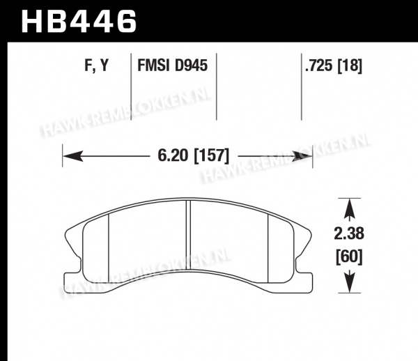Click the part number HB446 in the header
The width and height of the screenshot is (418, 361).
[79, 22]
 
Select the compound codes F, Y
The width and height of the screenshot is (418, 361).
[97, 66]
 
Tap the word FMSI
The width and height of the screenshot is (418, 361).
[153, 66]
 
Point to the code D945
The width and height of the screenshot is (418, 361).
[191, 66]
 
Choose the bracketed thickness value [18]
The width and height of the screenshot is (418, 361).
[350, 66]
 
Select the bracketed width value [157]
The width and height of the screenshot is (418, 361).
[211, 155]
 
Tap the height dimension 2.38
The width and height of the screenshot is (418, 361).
[349, 233]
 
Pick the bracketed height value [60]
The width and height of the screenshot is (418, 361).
[349, 256]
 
